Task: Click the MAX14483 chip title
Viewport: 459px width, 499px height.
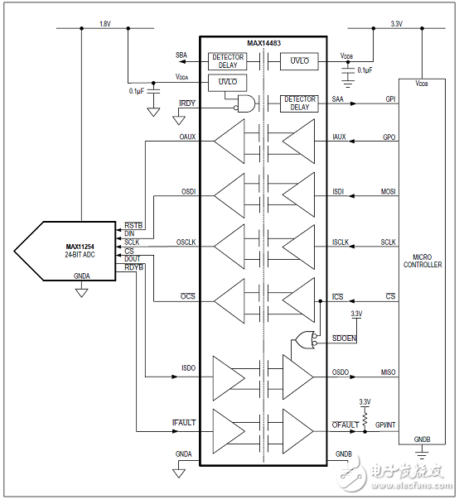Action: pyautogui.click(x=263, y=42)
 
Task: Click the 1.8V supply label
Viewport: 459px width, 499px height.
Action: pyautogui.click(x=104, y=24)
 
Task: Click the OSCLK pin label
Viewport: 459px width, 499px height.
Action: pyautogui.click(x=186, y=242)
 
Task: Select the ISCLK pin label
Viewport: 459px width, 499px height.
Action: pyautogui.click(x=340, y=242)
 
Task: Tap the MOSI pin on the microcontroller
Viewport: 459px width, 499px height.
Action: pyautogui.click(x=387, y=192)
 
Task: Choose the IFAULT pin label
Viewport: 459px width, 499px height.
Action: pyautogui.click(x=184, y=423)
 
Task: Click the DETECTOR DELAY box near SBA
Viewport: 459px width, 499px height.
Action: pyautogui.click(x=228, y=60)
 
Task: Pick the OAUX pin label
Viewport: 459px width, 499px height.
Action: pyautogui.click(x=186, y=137)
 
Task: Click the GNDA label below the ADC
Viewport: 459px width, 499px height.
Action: pyautogui.click(x=80, y=276)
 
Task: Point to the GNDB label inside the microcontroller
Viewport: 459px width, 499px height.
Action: pyautogui.click(x=423, y=439)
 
